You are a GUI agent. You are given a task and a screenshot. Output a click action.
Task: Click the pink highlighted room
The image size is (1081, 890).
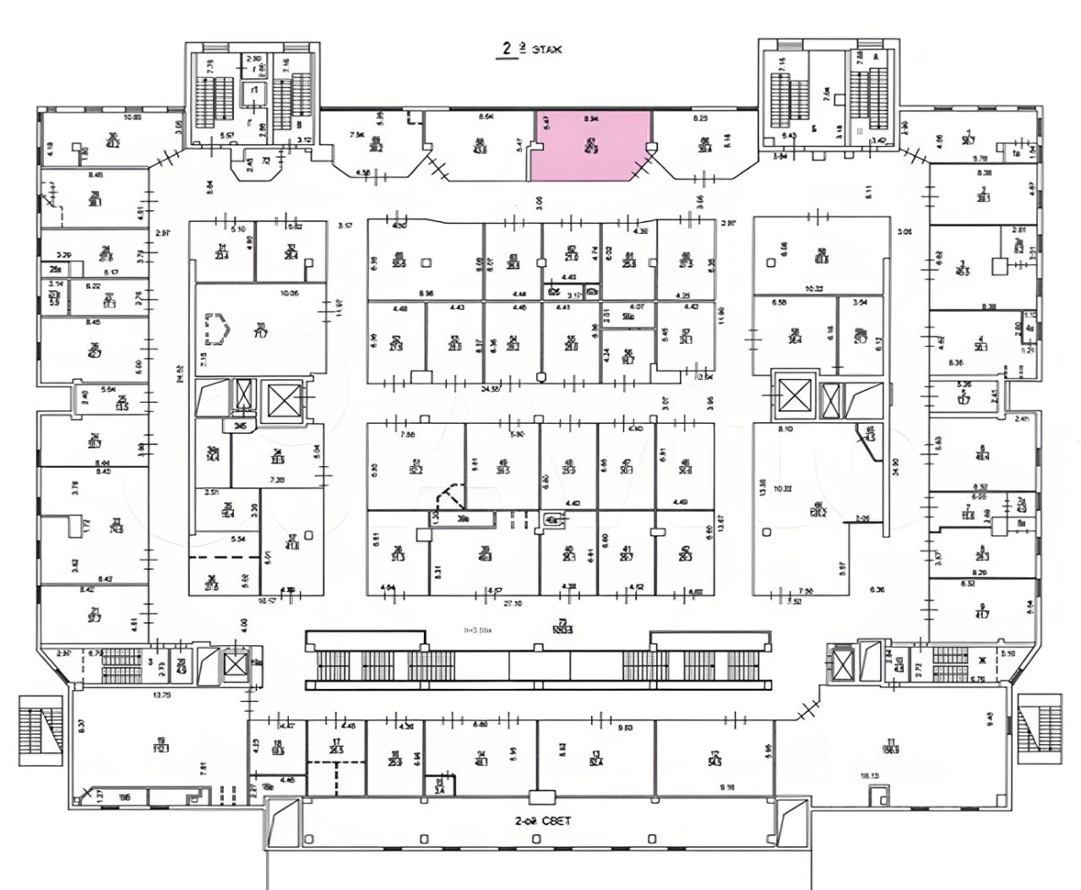click(x=590, y=145)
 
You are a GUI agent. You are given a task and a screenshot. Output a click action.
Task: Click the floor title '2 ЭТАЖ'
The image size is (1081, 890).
click(x=529, y=50)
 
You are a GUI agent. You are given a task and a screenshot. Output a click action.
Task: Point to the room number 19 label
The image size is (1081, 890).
click(x=160, y=746)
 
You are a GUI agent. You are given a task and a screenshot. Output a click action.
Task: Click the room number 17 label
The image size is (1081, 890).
click(x=336, y=746)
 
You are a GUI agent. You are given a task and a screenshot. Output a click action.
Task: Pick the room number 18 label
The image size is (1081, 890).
click(x=277, y=746)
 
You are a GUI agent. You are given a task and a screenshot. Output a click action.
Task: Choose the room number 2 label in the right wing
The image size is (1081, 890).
click(x=982, y=555)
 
